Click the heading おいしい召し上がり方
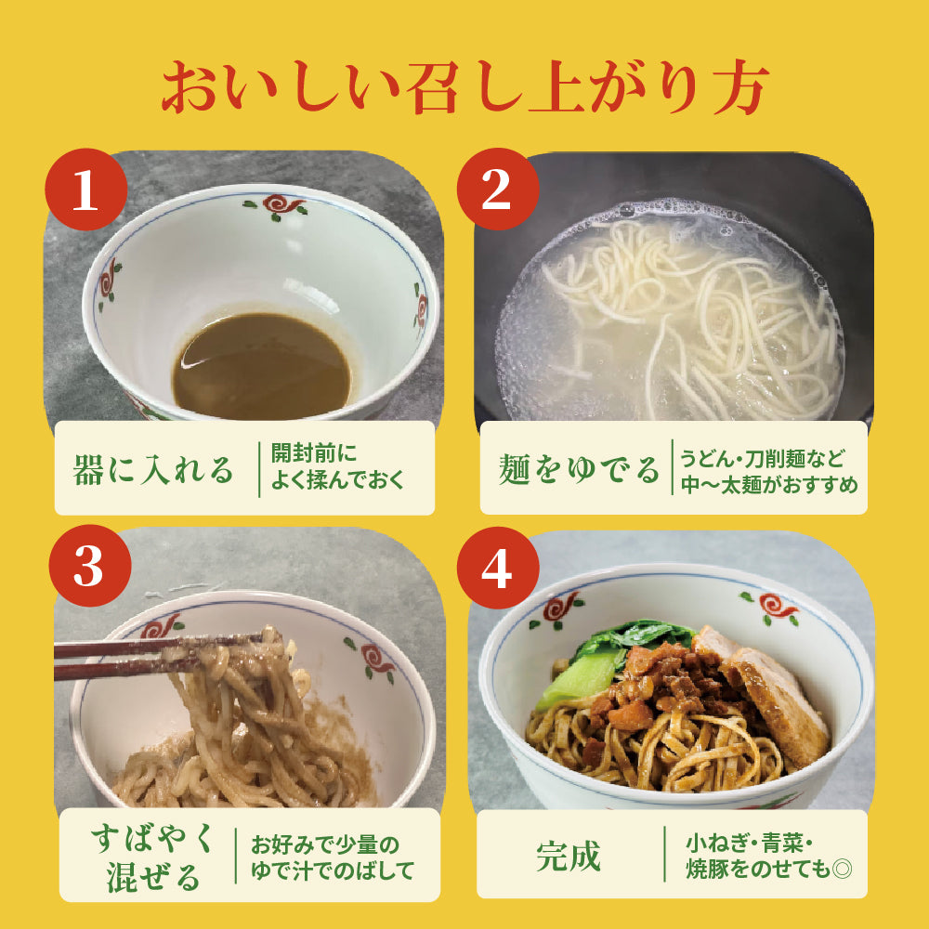point(464,88)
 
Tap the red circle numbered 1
point(85,190)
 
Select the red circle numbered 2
point(497,190)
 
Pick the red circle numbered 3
point(87,567)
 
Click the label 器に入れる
point(154,469)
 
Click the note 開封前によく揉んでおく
point(338,468)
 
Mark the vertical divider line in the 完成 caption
point(665,856)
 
